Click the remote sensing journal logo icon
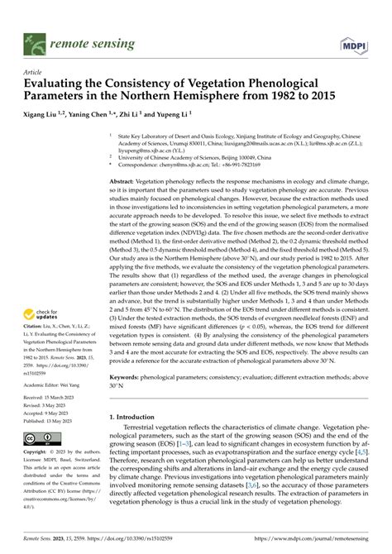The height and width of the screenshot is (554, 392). click(x=34, y=40)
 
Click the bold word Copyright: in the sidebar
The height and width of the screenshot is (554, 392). click(x=36, y=452)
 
